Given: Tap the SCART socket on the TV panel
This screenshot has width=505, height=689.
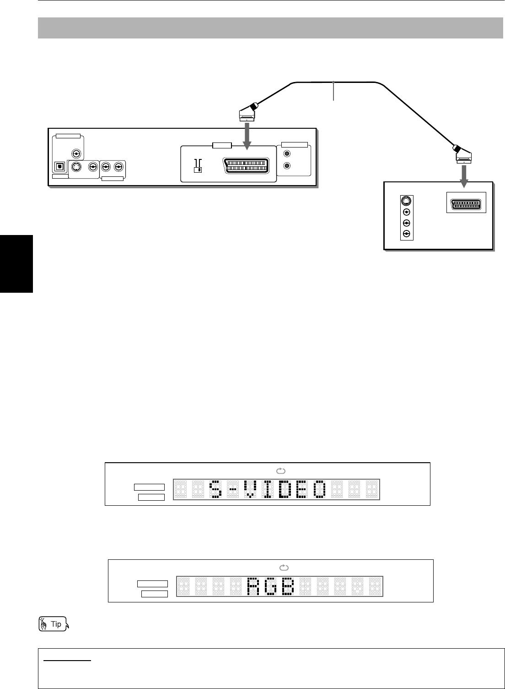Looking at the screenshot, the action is pyautogui.click(x=466, y=205).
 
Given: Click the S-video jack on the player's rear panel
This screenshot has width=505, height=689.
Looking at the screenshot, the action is pyautogui.click(x=76, y=168).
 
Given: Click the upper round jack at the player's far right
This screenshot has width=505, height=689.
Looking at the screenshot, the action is pyautogui.click(x=287, y=155).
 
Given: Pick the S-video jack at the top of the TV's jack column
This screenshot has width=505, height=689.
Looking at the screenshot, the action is pyautogui.click(x=406, y=201).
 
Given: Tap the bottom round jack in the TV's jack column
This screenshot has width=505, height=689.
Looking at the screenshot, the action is pyautogui.click(x=406, y=234).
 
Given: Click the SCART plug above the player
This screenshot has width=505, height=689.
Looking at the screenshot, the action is pyautogui.click(x=247, y=112).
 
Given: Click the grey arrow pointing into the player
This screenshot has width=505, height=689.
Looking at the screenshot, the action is pyautogui.click(x=247, y=135).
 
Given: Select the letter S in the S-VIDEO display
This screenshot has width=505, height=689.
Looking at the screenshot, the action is pyautogui.click(x=215, y=489).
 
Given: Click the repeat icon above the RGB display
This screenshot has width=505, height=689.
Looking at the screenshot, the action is pyautogui.click(x=284, y=567).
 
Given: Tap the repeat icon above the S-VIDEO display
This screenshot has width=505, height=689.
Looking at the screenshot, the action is pyautogui.click(x=281, y=470).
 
